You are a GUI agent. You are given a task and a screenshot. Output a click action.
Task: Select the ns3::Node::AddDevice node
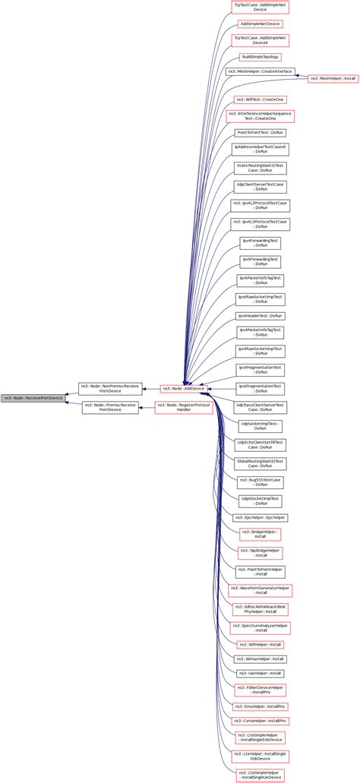[x=183, y=388]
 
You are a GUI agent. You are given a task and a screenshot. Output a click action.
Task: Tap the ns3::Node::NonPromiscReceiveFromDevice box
[x=109, y=388]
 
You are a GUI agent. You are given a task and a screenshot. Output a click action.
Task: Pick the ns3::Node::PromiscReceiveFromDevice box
[x=110, y=408]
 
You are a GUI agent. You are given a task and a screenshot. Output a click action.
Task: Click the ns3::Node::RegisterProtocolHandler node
[x=183, y=408]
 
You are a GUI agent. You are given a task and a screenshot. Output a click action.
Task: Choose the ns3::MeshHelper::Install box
[x=333, y=78]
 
